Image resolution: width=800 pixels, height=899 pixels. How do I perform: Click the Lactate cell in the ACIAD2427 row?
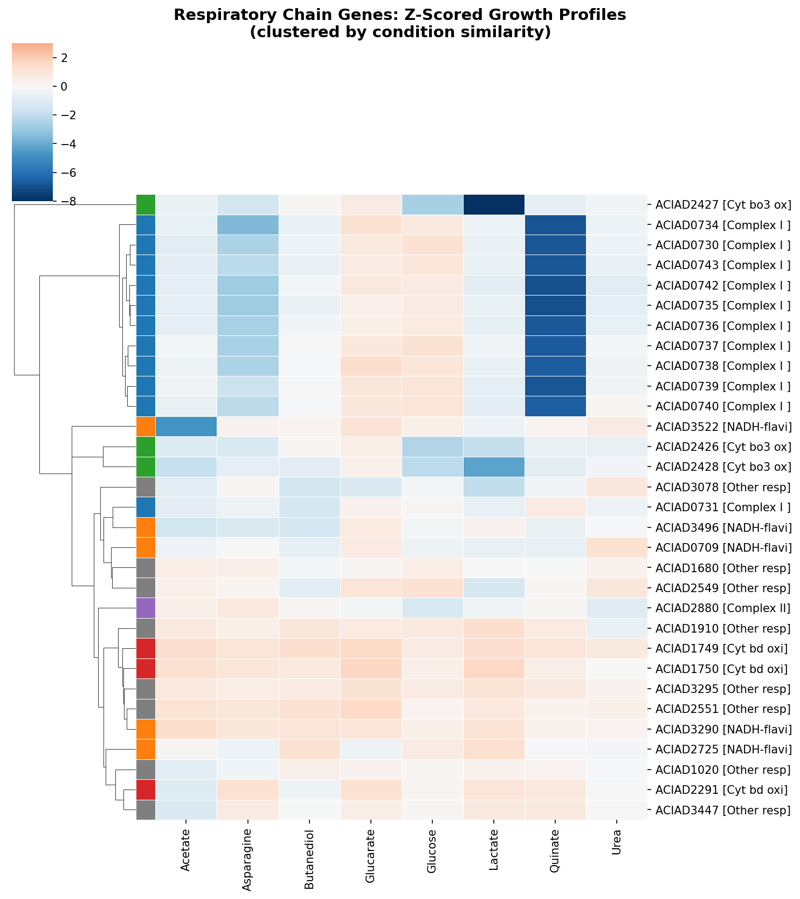point(494,205)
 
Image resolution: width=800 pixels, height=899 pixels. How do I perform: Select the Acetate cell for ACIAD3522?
point(186,427)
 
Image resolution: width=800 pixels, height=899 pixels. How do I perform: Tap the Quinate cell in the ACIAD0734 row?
point(555,225)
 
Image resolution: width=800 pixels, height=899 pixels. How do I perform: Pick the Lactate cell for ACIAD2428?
point(494,467)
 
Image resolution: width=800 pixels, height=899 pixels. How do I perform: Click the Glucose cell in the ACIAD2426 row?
point(432,447)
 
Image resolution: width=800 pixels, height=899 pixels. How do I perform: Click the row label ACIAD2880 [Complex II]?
point(722,609)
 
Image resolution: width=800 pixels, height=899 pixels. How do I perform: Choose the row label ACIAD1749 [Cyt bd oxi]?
point(721,649)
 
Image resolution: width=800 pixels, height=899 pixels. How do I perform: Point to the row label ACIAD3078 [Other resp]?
point(722,488)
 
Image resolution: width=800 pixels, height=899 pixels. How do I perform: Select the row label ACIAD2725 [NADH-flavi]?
point(723,750)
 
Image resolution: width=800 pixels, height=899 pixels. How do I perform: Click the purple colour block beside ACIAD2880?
point(146,608)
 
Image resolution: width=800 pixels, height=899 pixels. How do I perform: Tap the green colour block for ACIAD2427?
point(146,205)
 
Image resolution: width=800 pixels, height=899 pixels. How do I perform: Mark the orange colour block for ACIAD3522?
point(146,427)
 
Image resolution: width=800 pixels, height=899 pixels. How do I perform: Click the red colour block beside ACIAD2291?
point(146,790)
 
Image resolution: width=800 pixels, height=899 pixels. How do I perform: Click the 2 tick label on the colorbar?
point(64,58)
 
